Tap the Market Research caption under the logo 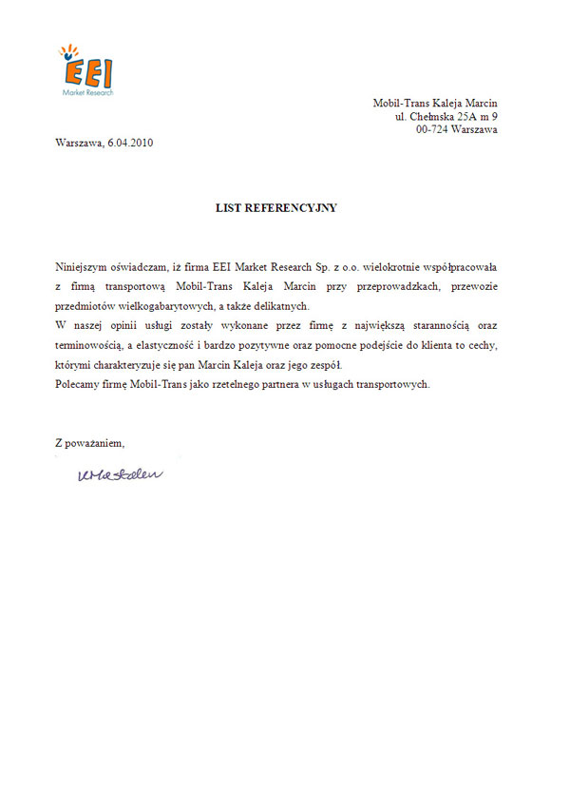point(87,93)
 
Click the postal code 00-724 point(432,130)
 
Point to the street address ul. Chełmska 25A point(446,117)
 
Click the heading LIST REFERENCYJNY point(276,207)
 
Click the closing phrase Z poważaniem point(90,442)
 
